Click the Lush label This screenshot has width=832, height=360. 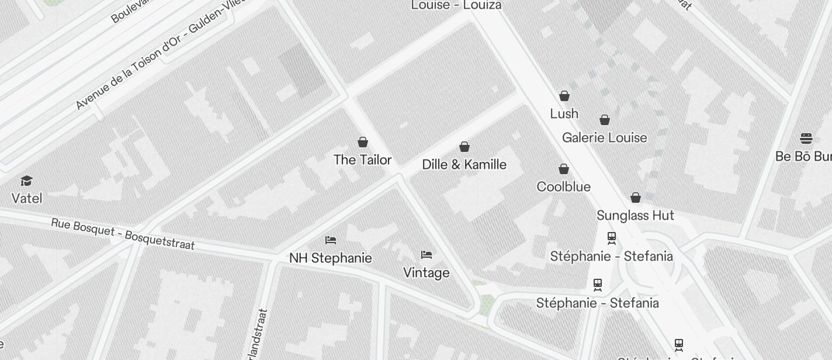(564, 113)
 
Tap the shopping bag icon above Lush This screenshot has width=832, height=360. (564, 95)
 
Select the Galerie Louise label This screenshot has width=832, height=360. (604, 137)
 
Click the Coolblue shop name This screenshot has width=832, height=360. (563, 186)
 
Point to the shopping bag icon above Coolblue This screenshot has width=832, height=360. (564, 169)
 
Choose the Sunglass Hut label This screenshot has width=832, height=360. (635, 215)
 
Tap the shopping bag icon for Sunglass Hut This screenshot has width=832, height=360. (636, 198)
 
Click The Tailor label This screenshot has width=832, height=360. (362, 160)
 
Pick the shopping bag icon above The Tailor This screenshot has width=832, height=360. (363, 142)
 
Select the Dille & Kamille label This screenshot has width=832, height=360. (464, 164)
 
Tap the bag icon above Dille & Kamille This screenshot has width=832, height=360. (464, 147)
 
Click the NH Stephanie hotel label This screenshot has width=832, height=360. (330, 258)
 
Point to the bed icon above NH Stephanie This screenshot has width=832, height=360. (331, 240)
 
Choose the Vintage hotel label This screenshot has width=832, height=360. (427, 272)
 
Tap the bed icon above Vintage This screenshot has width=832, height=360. (427, 255)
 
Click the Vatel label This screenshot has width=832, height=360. (27, 198)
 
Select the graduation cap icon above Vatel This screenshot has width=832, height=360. (26, 181)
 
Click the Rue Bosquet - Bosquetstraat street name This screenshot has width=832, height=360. (123, 234)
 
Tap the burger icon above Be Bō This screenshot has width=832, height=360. (806, 139)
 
